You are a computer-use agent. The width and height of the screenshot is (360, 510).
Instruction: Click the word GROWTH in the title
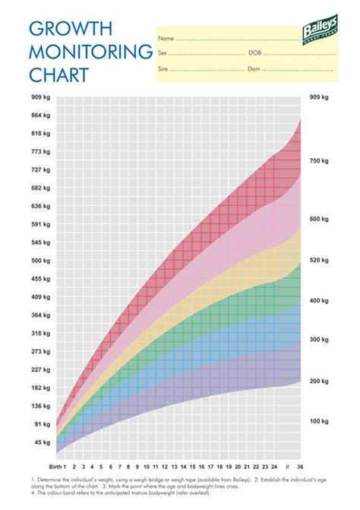click(x=71, y=29)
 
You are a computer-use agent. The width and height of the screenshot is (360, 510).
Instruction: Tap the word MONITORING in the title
click(x=90, y=52)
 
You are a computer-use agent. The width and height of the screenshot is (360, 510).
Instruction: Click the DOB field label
click(x=255, y=53)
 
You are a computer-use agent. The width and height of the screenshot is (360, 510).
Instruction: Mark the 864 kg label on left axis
click(x=41, y=115)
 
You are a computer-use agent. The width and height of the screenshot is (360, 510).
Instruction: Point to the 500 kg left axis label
click(x=41, y=260)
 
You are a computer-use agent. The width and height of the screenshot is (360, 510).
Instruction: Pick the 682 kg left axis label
click(x=41, y=188)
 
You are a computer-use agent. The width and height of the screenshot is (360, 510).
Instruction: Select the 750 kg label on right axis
click(x=319, y=161)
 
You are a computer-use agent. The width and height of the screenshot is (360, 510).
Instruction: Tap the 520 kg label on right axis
click(x=319, y=260)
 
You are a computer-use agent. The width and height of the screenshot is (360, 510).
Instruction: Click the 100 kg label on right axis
click(x=319, y=420)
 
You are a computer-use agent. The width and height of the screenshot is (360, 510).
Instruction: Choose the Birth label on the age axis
click(x=52, y=465)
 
